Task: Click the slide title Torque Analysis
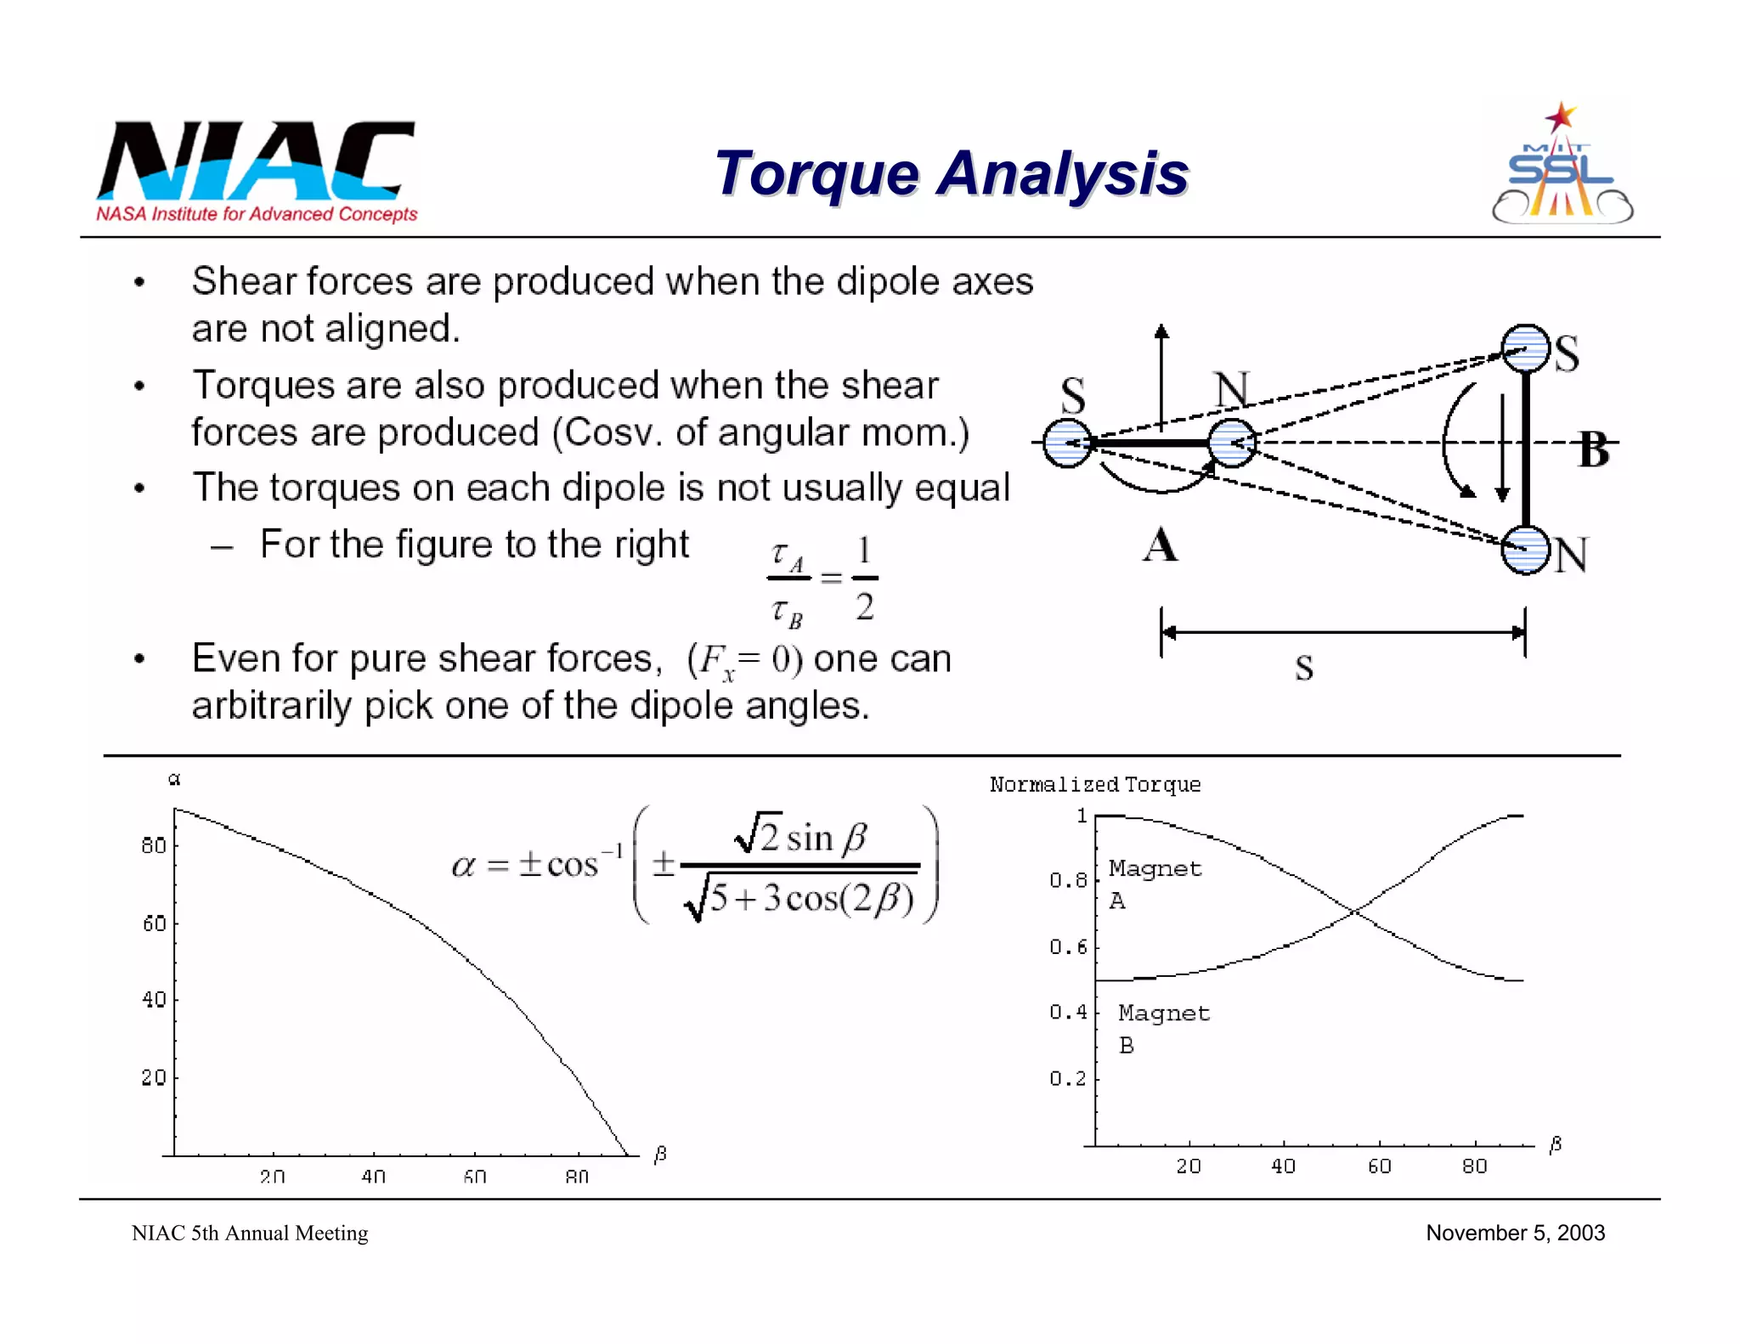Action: point(951,174)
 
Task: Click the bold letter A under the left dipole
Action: point(1161,545)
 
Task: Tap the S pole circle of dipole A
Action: point(1067,443)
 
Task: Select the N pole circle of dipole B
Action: point(1526,550)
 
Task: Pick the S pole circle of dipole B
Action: point(1526,348)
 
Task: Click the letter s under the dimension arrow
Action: point(1304,668)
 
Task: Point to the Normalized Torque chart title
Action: point(1094,784)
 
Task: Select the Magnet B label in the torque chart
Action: point(1163,1028)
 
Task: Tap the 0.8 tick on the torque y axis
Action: point(1067,880)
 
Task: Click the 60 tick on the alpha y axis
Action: point(154,923)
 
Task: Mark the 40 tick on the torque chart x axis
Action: point(1283,1166)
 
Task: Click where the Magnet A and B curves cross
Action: point(1354,912)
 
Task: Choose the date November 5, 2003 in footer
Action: point(1515,1233)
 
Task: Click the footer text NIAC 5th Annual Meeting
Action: point(250,1233)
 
